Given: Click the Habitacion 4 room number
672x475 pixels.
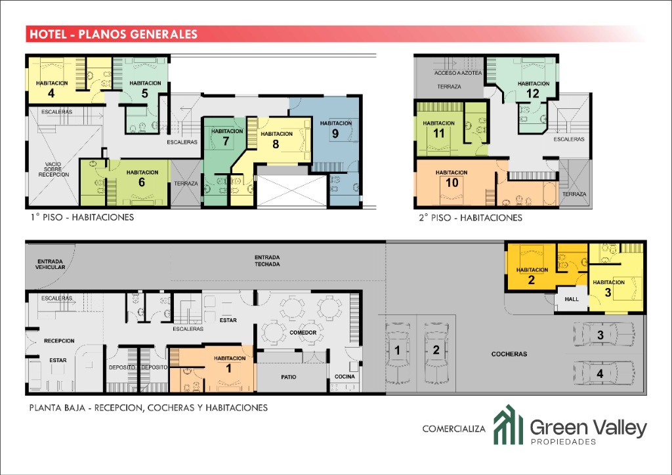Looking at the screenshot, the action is coord(51,93).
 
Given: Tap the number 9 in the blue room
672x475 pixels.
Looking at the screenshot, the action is coord(335,134).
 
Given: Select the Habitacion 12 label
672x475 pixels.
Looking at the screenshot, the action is coord(533,89).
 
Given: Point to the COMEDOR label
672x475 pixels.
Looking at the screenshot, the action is coord(303,333).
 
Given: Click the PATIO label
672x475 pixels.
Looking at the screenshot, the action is coord(289,377).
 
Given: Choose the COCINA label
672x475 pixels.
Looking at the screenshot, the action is coord(345,377).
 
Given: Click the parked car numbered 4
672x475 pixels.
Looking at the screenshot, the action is coord(604,373).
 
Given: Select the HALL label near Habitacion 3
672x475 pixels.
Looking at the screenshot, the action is coord(572,299).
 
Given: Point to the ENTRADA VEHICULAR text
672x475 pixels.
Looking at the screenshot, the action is coord(50,264).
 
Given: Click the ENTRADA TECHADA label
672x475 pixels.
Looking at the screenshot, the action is coord(267,261).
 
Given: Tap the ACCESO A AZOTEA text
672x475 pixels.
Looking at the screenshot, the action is coord(457,73).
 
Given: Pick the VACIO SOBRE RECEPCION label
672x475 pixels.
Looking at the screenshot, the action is coord(54,169).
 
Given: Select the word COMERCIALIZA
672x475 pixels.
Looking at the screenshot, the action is coord(454,428).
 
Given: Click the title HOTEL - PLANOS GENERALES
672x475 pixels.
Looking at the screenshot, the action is coord(114,34).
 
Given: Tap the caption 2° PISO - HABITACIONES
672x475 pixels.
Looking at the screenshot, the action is coord(471,218).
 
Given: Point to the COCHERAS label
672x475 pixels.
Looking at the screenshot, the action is coord(509,354).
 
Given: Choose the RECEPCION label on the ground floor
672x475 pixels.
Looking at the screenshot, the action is coord(59,341).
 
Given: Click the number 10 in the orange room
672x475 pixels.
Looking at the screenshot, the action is coord(451,183).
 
